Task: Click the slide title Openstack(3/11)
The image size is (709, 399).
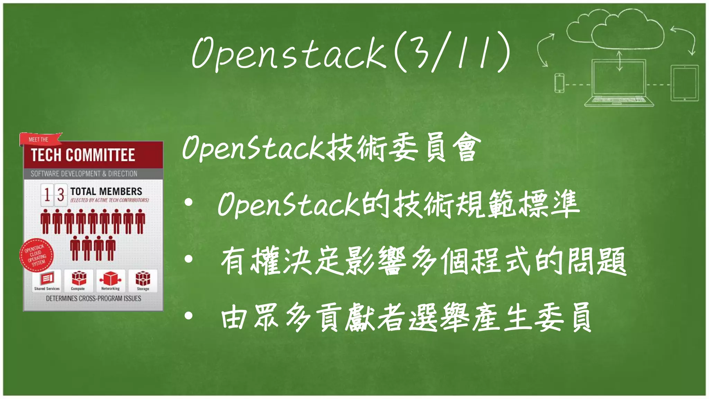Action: tap(350, 52)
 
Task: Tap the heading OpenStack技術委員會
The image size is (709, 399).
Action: tap(331, 148)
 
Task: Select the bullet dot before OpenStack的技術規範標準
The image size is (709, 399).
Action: tap(188, 203)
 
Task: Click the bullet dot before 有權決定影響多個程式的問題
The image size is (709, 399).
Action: tap(188, 259)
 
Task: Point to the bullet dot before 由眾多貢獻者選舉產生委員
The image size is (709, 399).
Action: tap(188, 316)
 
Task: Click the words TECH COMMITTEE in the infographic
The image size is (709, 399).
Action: tap(83, 155)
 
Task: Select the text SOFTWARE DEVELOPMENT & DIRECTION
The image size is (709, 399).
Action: tap(84, 174)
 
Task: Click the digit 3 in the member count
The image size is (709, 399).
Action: tap(61, 195)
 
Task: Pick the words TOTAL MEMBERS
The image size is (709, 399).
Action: tap(106, 191)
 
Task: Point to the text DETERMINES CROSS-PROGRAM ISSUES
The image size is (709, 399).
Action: tap(93, 299)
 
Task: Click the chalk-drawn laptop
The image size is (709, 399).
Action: tap(619, 83)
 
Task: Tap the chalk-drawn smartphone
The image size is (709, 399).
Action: tap(559, 83)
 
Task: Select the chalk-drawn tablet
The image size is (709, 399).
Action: tap(684, 83)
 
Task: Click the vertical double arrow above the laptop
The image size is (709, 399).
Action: tap(619, 61)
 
